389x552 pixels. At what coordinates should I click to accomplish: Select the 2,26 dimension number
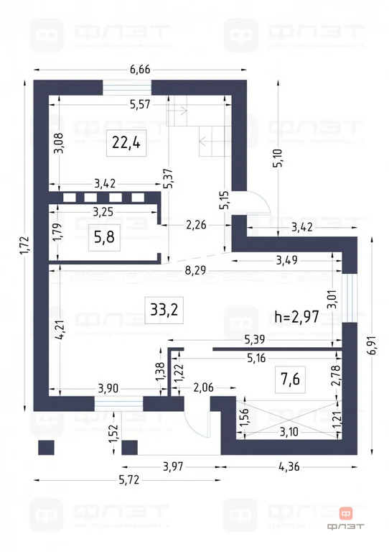click(x=196, y=225)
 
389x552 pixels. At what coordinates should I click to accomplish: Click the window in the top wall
click(x=127, y=86)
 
